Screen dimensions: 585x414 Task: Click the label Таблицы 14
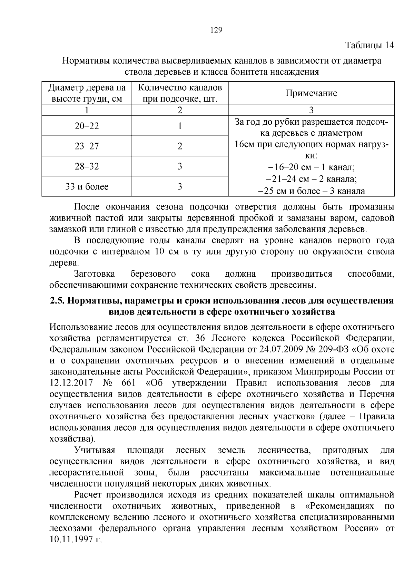[369, 45]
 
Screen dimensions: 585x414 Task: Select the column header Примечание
[311, 93]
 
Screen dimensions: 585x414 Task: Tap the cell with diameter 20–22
[87, 126]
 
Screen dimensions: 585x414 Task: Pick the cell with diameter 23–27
[87, 146]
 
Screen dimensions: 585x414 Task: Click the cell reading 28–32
[87, 167]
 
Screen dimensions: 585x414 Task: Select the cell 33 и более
[87, 187]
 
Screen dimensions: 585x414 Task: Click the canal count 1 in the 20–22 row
[180, 126]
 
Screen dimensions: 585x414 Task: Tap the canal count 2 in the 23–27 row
[180, 146]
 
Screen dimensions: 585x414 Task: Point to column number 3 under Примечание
[311, 110]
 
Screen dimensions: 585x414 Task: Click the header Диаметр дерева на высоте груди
[87, 93]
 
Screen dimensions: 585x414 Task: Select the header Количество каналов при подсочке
[180, 93]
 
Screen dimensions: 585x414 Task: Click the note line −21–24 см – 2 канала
[312, 179]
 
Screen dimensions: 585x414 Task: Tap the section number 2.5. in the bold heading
[57, 301]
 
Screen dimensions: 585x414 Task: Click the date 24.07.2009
[281, 349]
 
